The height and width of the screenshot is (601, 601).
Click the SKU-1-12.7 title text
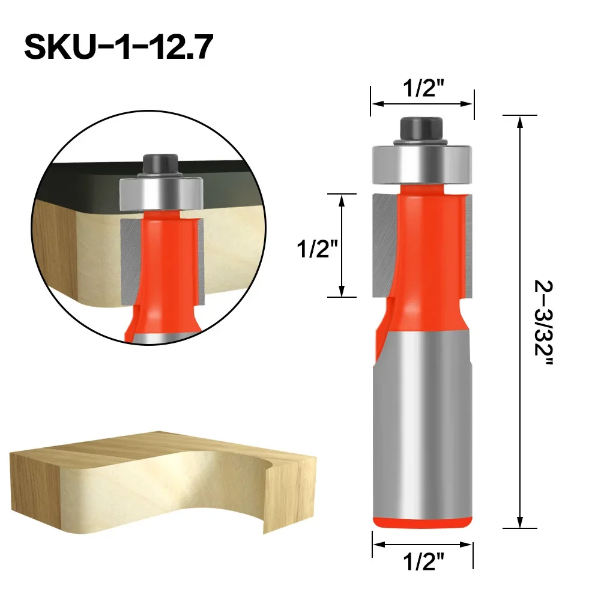click(118, 47)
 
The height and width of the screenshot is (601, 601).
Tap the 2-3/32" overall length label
click(543, 323)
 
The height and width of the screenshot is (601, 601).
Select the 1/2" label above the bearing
click(423, 88)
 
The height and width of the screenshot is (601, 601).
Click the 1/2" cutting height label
click(318, 249)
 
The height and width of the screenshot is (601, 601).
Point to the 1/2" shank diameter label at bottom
click(423, 562)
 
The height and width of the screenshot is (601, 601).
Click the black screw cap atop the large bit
click(421, 130)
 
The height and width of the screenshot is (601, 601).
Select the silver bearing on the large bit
click(421, 164)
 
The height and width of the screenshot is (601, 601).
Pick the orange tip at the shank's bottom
click(422, 522)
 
